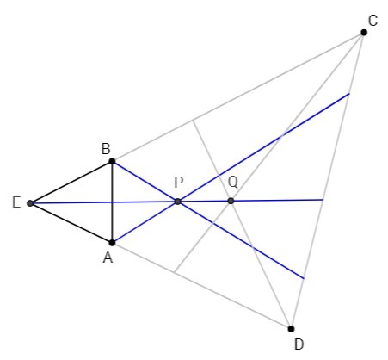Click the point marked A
point(112,243)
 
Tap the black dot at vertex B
point(112,161)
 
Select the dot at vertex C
point(364,33)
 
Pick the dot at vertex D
point(291,329)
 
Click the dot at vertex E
point(30,203)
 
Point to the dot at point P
point(178,202)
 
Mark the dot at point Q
point(231,201)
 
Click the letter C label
point(373,21)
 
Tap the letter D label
point(299,344)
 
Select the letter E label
point(16,202)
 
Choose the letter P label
point(179,183)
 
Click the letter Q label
point(233,183)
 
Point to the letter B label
point(106,149)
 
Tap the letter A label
point(108,258)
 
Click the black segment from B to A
point(112,202)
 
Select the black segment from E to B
point(71,183)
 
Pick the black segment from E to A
point(71,223)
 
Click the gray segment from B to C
point(238,97)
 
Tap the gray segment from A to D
point(201,286)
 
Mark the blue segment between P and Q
point(204,202)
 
